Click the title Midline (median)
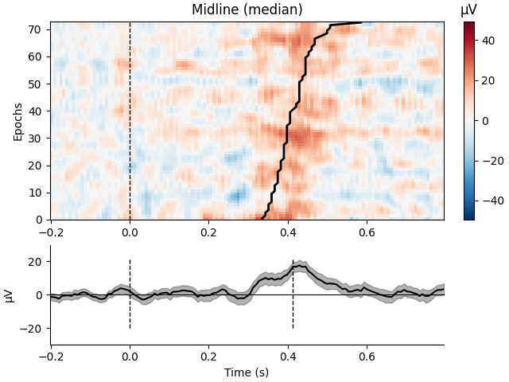(x=247, y=10)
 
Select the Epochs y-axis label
(x=18, y=121)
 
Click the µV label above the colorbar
(x=469, y=10)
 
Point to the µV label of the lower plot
(x=10, y=295)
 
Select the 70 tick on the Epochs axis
(x=36, y=29)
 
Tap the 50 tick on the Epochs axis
(x=36, y=84)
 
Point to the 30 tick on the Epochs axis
(x=36, y=138)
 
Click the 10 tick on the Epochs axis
(x=36, y=193)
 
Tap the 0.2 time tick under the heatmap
(x=208, y=233)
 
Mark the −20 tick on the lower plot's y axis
(x=33, y=329)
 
